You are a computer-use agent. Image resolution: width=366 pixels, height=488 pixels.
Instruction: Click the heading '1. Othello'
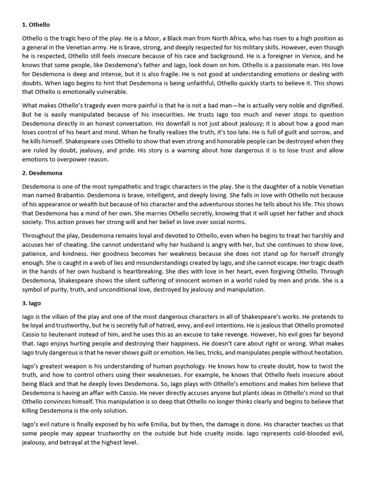(36, 24)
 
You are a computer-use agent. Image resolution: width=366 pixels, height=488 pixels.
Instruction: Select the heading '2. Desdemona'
(42, 173)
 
